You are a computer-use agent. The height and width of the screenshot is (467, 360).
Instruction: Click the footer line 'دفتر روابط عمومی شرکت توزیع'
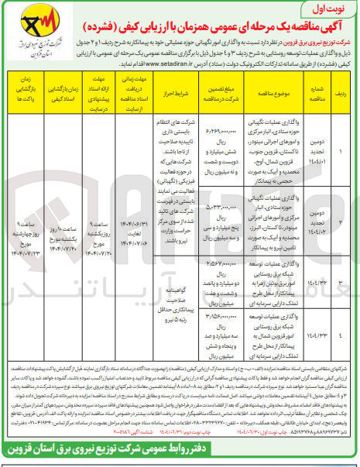[x=180, y=452]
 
